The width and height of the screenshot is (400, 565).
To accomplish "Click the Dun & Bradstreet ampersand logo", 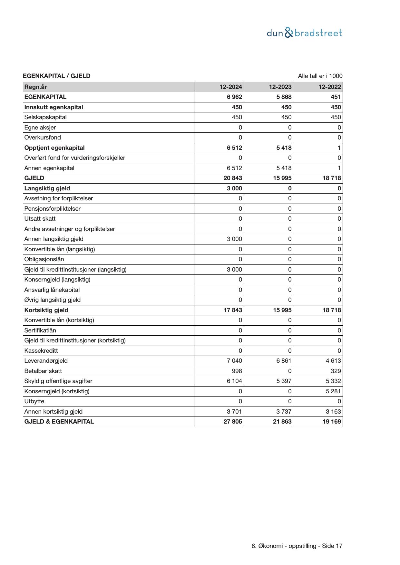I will [289, 33].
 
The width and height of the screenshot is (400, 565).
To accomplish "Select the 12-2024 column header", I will [231, 87].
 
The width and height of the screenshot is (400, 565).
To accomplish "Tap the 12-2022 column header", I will [330, 87].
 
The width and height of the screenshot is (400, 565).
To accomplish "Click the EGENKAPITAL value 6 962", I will [234, 97].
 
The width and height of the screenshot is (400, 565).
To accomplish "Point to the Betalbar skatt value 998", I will [237, 371].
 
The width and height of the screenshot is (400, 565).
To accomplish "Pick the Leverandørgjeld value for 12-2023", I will [284, 361].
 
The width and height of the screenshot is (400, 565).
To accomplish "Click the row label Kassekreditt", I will [41, 350].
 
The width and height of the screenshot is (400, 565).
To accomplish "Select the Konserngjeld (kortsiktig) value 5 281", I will [333, 391].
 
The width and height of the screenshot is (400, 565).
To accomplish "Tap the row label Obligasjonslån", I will [44, 259].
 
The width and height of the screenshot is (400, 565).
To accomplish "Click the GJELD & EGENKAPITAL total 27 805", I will [233, 422].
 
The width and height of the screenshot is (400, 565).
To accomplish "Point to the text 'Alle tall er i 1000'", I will [320, 76].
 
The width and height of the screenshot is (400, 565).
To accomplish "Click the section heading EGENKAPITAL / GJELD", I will [57, 76].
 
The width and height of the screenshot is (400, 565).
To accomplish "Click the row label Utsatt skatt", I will [40, 219].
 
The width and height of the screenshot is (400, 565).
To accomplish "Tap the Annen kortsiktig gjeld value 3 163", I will [333, 411].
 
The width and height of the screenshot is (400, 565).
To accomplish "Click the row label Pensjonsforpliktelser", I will [52, 209].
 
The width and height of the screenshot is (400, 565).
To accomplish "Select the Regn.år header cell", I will [35, 87].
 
